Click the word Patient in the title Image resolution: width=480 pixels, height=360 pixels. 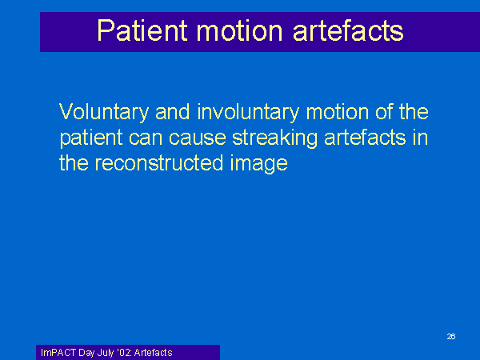pos(142,30)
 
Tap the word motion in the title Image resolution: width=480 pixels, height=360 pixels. pos(239,30)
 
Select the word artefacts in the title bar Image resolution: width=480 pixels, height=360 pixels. pos(348,30)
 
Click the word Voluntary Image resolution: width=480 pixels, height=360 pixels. pos(104,112)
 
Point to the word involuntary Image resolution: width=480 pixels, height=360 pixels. pos(248,112)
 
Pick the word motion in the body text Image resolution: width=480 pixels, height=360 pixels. pos(338,112)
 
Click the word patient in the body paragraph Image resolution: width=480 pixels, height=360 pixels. pos(91,138)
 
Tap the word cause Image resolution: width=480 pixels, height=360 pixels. pos(198,138)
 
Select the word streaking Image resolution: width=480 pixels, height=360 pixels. pos(274,138)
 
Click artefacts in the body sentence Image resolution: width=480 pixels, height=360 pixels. pos(365,137)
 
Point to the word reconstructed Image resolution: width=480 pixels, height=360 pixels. pos(159,163)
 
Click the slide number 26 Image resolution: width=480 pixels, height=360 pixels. pos(451,337)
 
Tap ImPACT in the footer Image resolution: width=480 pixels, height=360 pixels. pos(58,353)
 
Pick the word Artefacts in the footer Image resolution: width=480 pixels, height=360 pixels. pos(153,353)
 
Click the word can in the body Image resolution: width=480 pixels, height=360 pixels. pos(146,138)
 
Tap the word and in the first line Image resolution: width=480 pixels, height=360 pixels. pos(173,112)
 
